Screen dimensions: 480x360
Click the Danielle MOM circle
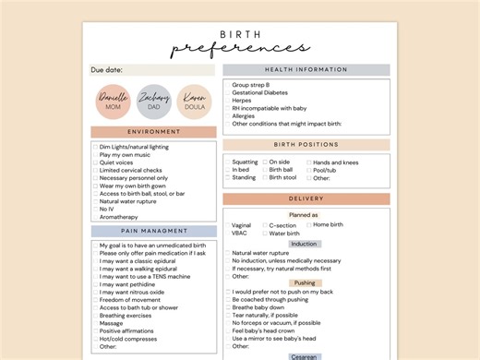[x=114, y=102]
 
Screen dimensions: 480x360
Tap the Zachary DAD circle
[x=153, y=102]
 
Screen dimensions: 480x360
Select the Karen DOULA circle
[x=194, y=102]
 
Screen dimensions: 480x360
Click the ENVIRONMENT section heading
[x=153, y=132]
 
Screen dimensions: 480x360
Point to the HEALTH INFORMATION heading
[x=306, y=69]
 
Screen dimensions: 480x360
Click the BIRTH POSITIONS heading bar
[x=306, y=145]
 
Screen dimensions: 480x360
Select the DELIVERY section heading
[x=306, y=198]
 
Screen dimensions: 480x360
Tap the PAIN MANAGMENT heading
[x=153, y=231]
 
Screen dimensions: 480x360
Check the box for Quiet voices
[x=94, y=162]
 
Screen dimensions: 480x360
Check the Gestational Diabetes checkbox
[x=227, y=93]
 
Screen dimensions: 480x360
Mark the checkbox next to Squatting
[x=227, y=162]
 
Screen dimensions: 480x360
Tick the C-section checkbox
[x=266, y=225]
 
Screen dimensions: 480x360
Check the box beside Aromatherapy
[x=94, y=217]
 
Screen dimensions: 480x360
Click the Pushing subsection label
[x=305, y=283]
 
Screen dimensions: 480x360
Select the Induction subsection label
[x=304, y=244]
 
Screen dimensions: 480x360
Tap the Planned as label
[x=303, y=215]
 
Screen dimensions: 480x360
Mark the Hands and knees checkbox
[x=307, y=162]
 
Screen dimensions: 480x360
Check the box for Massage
[x=94, y=323]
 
